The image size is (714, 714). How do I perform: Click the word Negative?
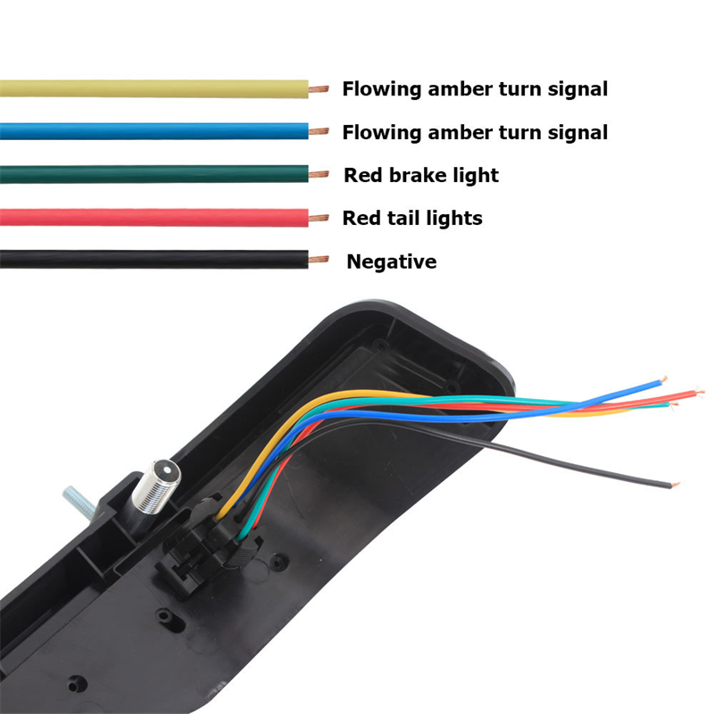click(x=392, y=262)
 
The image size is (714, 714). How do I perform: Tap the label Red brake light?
click(x=421, y=175)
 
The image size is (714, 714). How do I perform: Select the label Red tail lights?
click(x=412, y=218)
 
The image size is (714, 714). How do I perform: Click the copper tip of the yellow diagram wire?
click(x=319, y=89)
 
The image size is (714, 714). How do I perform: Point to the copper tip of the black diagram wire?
click(x=319, y=260)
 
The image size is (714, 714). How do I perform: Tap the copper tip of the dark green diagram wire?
click(x=319, y=174)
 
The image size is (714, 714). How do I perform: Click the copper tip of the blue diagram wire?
click(x=319, y=131)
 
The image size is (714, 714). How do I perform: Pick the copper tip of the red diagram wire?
click(x=319, y=218)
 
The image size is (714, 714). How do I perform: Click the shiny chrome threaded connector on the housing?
click(x=156, y=487)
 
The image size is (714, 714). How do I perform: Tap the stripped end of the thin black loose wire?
click(x=676, y=485)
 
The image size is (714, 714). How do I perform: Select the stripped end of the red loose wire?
click(x=699, y=392)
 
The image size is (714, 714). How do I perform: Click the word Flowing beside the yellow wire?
click(x=382, y=89)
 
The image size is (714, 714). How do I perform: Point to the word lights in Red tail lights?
click(x=454, y=218)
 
